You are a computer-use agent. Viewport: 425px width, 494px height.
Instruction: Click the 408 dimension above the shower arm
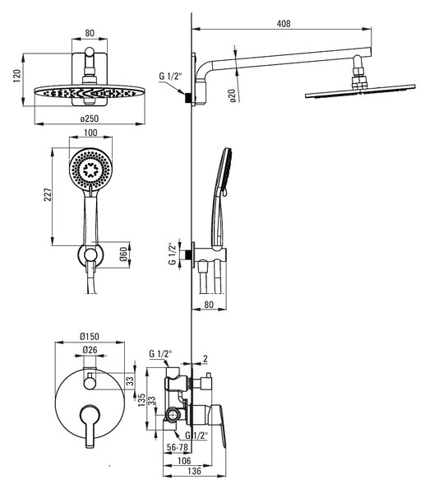pos(284,24)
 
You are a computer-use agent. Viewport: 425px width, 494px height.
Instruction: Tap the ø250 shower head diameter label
pos(90,119)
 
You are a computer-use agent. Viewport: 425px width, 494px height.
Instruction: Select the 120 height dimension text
pos(17,76)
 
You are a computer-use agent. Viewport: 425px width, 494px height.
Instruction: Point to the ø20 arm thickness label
pos(233,96)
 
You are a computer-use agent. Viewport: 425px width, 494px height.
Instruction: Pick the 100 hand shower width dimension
pos(90,133)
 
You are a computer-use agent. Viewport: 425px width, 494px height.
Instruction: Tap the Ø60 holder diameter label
pos(123,254)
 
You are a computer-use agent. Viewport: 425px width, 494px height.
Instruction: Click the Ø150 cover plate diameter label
pos(90,337)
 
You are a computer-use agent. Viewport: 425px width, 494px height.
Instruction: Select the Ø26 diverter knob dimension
pos(90,350)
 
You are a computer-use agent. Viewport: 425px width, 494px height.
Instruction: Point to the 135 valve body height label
pos(142,399)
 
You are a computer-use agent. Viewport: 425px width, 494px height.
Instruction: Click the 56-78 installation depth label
pos(177,447)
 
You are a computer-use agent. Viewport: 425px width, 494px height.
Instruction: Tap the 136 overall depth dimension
pos(194,471)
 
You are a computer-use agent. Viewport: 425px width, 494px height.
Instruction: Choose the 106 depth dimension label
pos(184,460)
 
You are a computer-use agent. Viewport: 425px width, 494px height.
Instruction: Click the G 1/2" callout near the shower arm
pos(170,77)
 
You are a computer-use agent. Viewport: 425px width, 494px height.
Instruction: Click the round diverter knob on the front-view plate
pos(90,383)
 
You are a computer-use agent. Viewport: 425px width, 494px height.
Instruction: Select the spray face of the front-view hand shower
pos(90,170)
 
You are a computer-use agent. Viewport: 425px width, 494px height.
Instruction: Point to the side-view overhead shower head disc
pos(360,91)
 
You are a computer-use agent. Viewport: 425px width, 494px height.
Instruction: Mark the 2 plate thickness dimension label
pos(206,358)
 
